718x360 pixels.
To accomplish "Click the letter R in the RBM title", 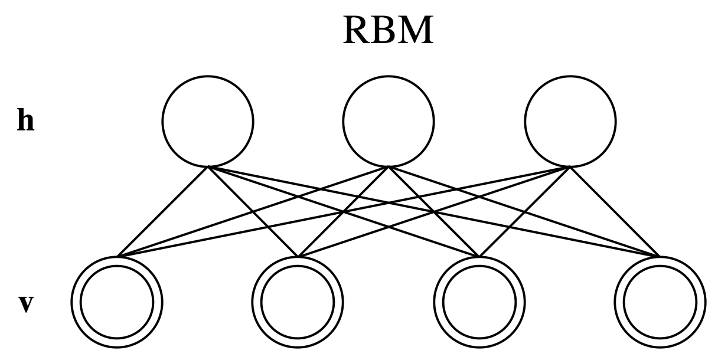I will pyautogui.click(x=356, y=31).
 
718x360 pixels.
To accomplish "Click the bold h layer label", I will pyautogui.click(x=25, y=122).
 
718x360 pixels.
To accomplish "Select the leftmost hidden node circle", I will pyautogui.click(x=208, y=120).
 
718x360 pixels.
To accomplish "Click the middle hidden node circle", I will pyautogui.click(x=389, y=120).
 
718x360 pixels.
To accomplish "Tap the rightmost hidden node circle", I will pyautogui.click(x=570, y=120).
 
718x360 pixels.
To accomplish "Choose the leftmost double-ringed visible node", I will pyautogui.click(x=117, y=302).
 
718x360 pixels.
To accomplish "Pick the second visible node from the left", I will pyautogui.click(x=298, y=302).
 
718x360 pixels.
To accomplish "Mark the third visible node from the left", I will pyautogui.click(x=479, y=302).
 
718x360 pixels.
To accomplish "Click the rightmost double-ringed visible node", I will pyautogui.click(x=660, y=302).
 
